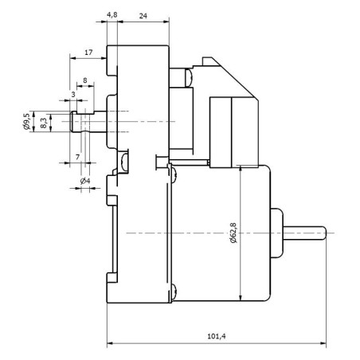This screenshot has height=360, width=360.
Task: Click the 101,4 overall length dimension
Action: coord(216,336)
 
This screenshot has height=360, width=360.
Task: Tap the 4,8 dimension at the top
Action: coord(112,15)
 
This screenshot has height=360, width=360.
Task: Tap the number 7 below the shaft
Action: coord(77,157)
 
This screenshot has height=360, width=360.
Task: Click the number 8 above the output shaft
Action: coord(85,80)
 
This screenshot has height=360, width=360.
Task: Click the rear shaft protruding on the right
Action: coord(307,232)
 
